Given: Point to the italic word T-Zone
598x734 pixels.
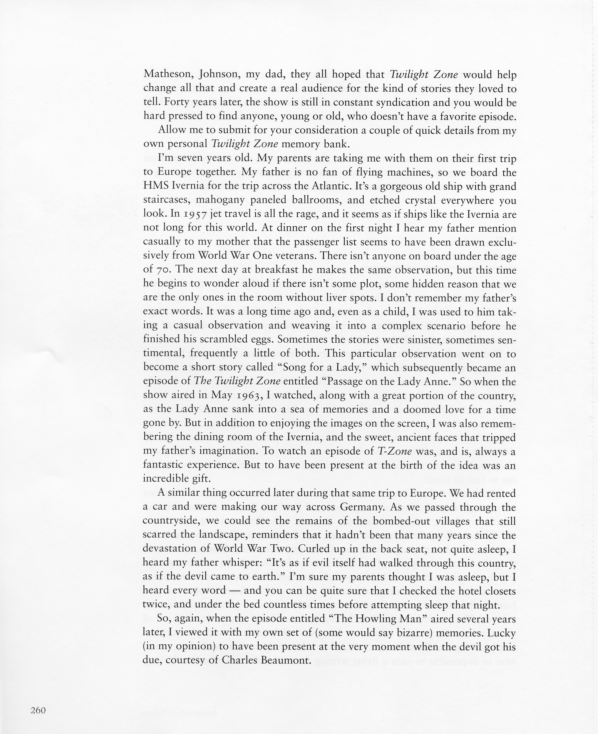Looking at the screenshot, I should (x=395, y=452).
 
